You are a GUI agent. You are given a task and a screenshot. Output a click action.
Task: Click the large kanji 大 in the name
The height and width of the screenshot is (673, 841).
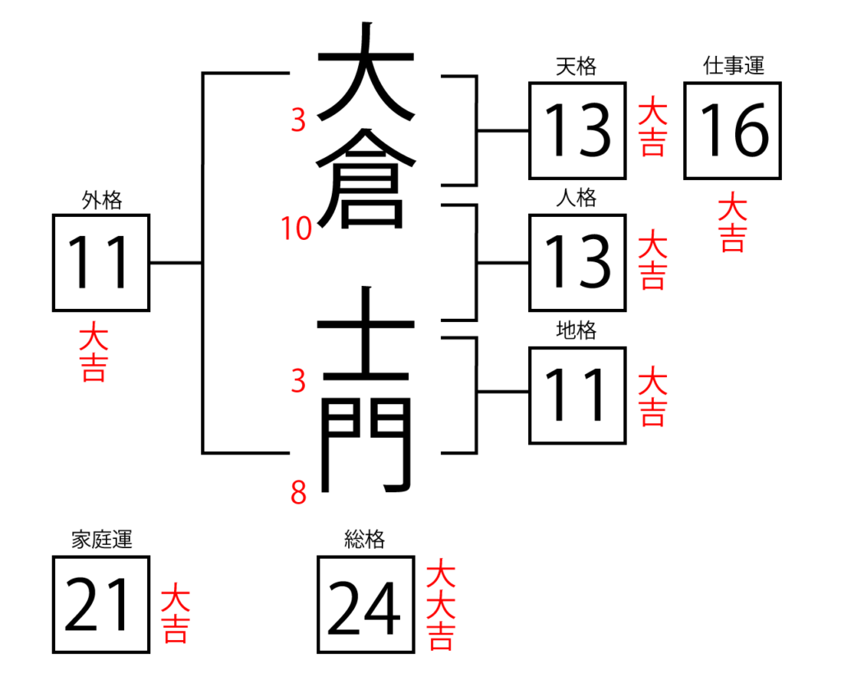tap(366, 71)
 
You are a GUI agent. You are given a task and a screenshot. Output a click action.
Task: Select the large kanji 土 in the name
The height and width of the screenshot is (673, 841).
tap(366, 333)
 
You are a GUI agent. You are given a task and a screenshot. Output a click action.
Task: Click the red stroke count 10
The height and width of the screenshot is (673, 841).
tap(296, 228)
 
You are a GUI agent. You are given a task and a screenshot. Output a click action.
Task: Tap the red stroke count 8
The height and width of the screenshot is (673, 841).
tap(299, 492)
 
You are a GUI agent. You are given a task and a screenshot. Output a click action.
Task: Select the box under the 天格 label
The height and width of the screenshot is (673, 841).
tap(577, 131)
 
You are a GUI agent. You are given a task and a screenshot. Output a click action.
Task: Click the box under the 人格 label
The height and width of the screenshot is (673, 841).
tap(577, 262)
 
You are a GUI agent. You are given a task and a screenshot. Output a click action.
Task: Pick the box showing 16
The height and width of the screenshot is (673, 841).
tap(732, 131)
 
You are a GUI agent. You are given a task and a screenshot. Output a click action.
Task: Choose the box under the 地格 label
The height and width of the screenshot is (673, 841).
tap(577, 395)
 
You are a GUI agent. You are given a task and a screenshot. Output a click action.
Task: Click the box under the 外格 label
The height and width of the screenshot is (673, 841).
tap(101, 262)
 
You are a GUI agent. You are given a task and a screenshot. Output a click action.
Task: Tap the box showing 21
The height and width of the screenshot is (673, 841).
tap(101, 605)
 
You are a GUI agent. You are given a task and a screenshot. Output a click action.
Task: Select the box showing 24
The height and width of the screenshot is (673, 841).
tap(365, 605)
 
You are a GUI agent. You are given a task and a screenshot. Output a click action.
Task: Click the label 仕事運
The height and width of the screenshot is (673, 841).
tap(733, 66)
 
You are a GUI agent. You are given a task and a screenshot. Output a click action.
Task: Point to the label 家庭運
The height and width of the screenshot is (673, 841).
tap(102, 539)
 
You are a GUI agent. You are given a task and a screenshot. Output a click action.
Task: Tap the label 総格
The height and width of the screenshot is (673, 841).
tap(364, 539)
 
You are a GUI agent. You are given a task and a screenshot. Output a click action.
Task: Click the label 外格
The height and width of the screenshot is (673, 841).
tap(102, 200)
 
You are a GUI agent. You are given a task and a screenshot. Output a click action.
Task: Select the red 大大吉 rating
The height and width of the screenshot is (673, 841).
tap(441, 604)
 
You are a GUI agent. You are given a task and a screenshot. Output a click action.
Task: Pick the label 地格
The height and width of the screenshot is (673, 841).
tap(576, 330)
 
